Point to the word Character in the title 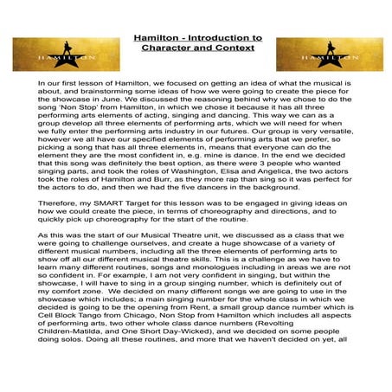click(x=167, y=51)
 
